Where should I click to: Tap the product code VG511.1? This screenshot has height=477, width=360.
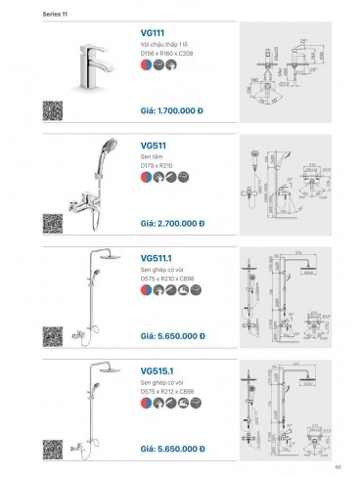161,259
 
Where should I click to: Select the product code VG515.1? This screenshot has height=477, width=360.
161,370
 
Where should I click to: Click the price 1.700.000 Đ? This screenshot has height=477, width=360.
172,110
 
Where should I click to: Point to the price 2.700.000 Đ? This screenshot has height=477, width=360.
172,222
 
